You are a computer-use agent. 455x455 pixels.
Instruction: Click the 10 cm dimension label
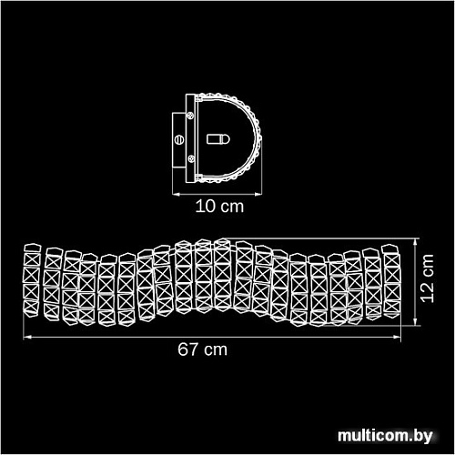pyautogui.click(x=219, y=207)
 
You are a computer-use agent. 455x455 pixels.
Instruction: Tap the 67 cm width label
pyautogui.click(x=202, y=349)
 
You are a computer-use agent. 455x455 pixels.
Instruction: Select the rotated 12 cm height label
pyautogui.click(x=427, y=278)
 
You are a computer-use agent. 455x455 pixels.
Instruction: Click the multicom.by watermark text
pyautogui.click(x=385, y=437)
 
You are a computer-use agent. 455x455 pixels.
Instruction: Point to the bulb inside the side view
pyautogui.click(x=218, y=139)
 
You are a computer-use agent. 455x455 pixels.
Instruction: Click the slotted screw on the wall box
pyautogui.click(x=179, y=139)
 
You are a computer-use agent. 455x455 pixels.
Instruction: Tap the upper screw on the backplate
pyautogui.click(x=191, y=116)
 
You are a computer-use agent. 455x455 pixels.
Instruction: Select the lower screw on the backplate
pyautogui.click(x=191, y=158)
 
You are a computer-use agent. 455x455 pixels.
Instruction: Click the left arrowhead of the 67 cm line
pyautogui.click(x=27, y=337)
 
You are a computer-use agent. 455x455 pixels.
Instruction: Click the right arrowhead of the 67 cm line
pyautogui.click(x=398, y=337)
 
